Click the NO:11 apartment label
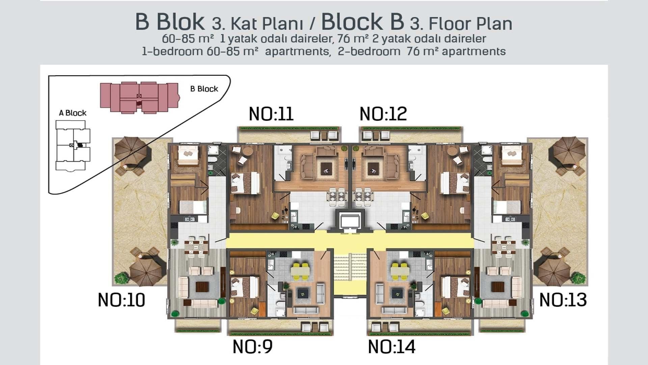pyautogui.click(x=271, y=114)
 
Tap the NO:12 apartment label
pyautogui.click(x=383, y=114)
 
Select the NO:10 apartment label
pyautogui.click(x=122, y=300)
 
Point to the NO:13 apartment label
pyautogui.click(x=563, y=300)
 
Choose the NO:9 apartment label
pyautogui.click(x=252, y=346)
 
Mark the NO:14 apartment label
pyautogui.click(x=391, y=346)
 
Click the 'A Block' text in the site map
pyautogui.click(x=73, y=113)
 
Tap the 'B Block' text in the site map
pyautogui.click(x=204, y=89)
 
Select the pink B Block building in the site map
pyautogui.click(x=139, y=97)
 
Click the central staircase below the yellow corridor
pyautogui.click(x=350, y=274)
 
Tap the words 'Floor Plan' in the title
pyautogui.click(x=470, y=23)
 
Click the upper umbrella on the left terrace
pyautogui.click(x=132, y=148)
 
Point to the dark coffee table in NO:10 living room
pyautogui.click(x=202, y=287)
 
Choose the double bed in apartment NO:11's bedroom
pyautogui.click(x=245, y=182)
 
